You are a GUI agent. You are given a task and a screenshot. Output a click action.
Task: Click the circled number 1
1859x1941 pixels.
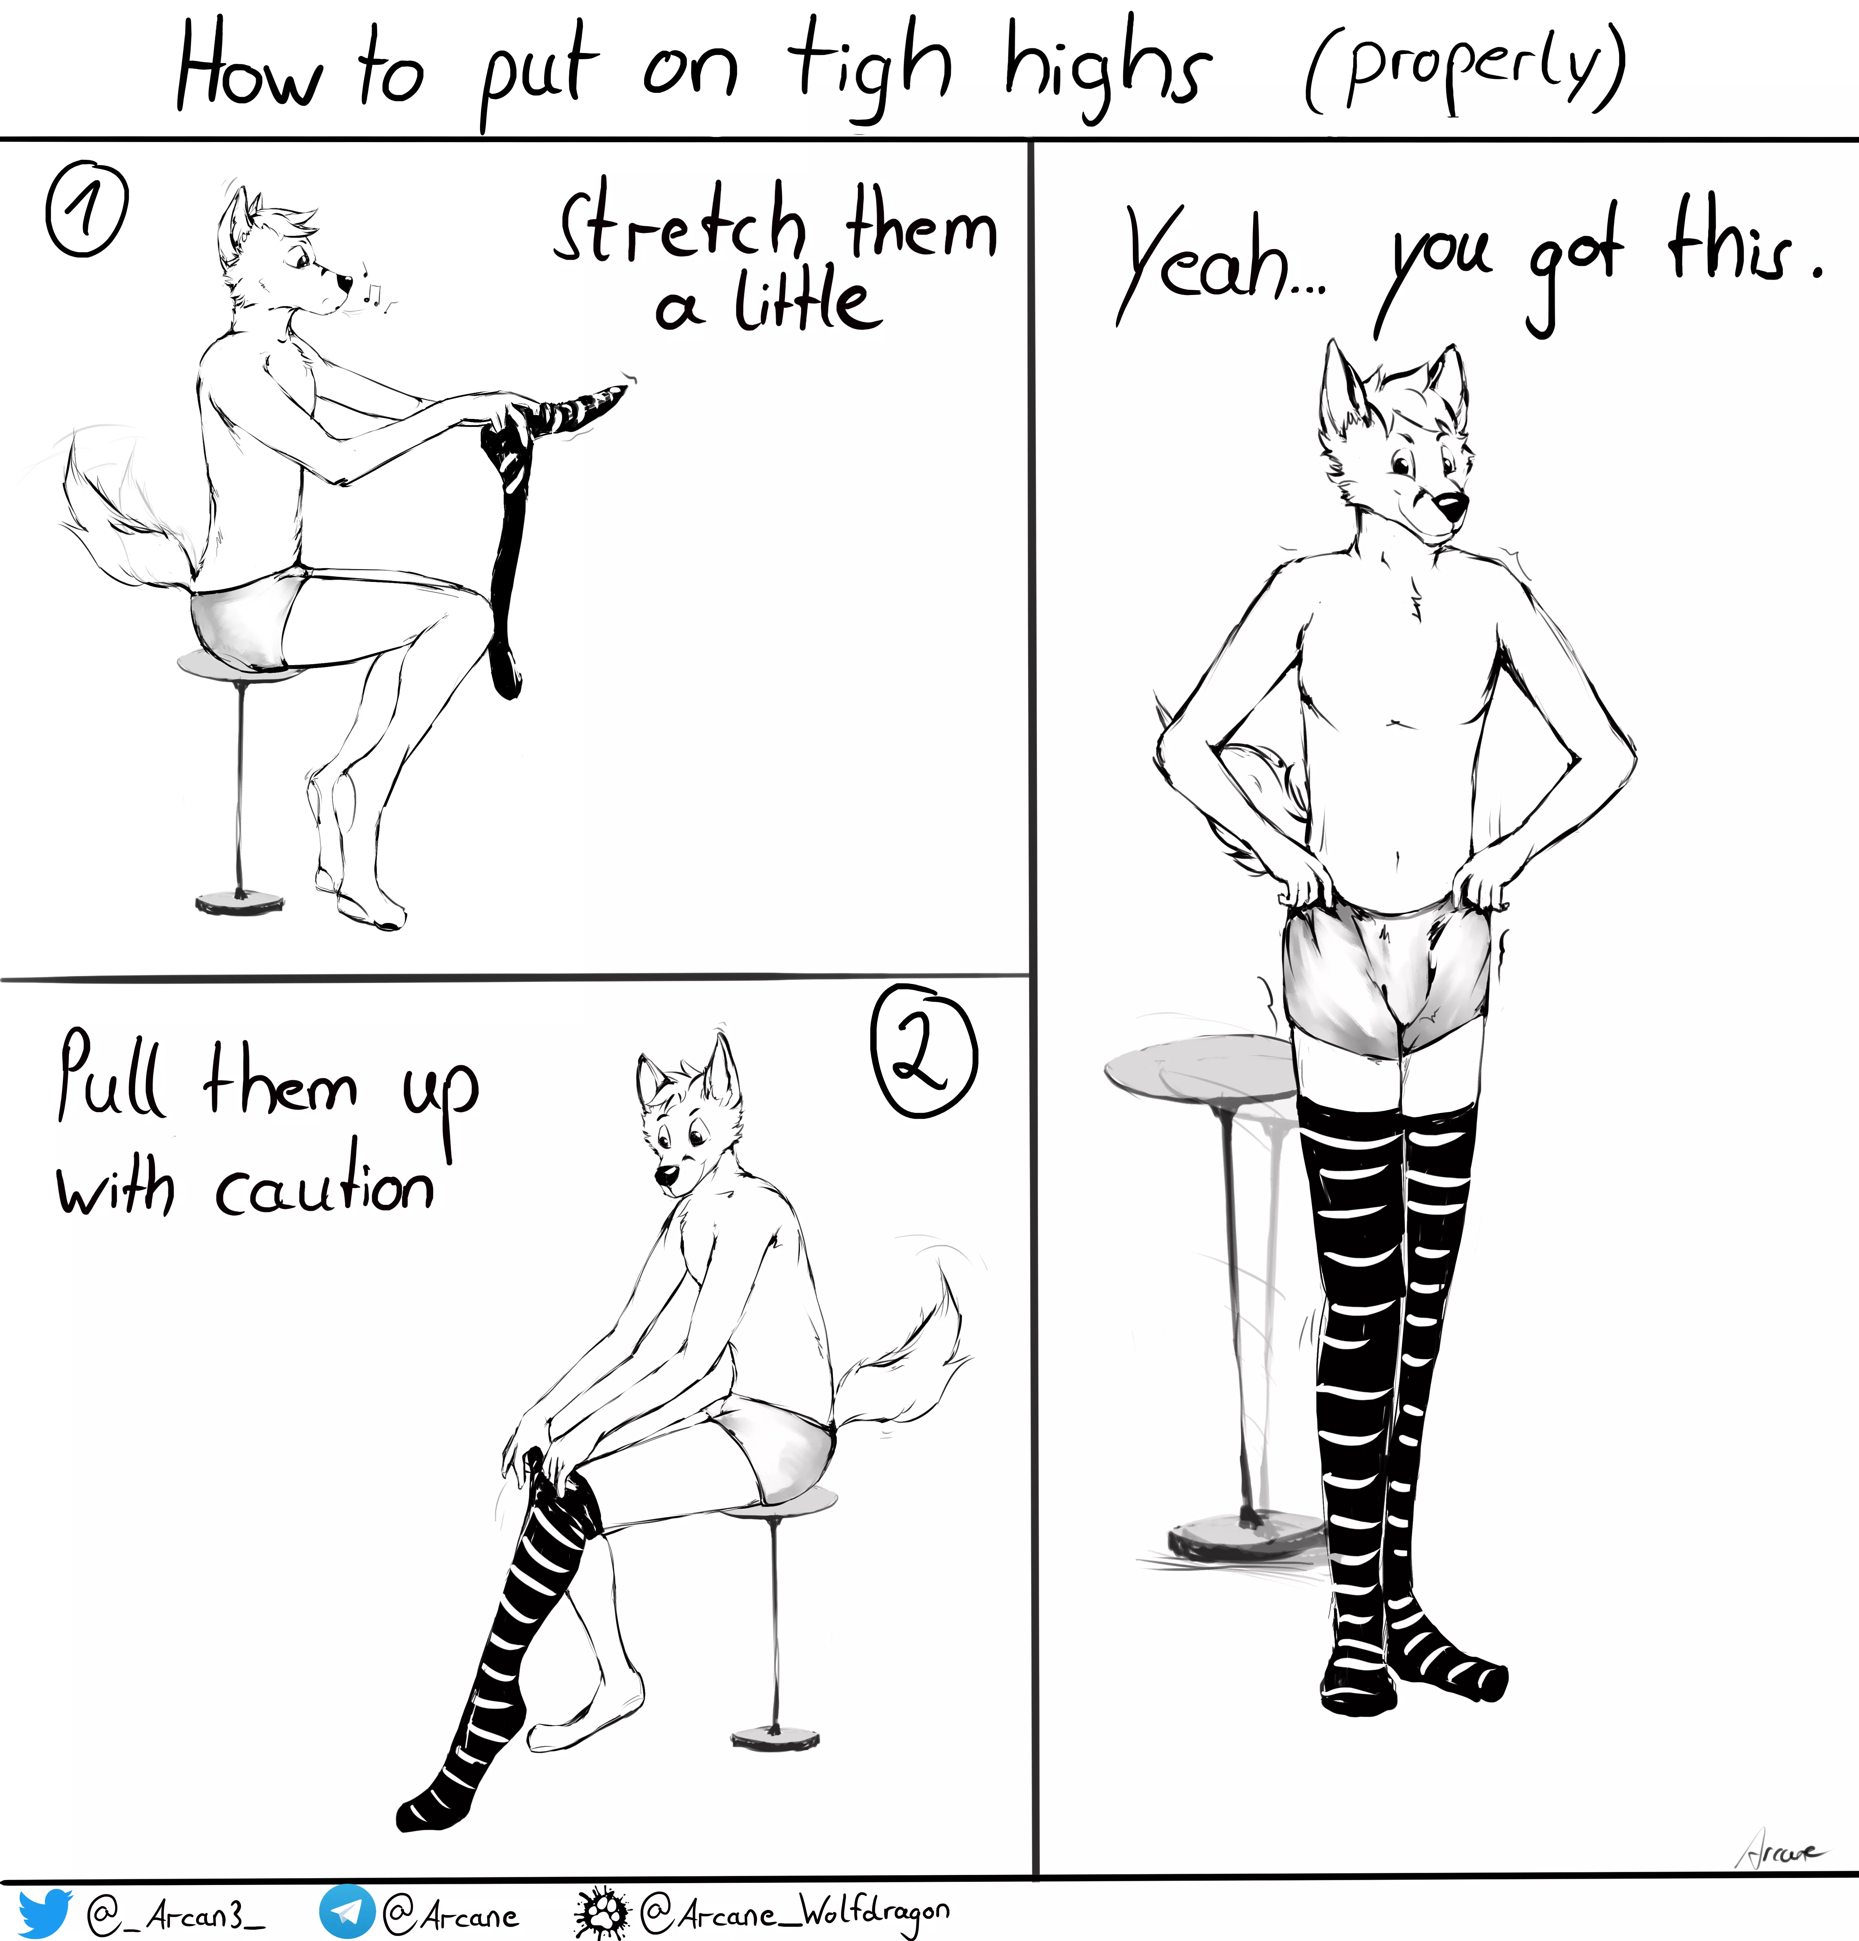(87, 211)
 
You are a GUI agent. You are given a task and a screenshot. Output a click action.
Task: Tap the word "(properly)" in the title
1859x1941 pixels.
(1464, 69)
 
